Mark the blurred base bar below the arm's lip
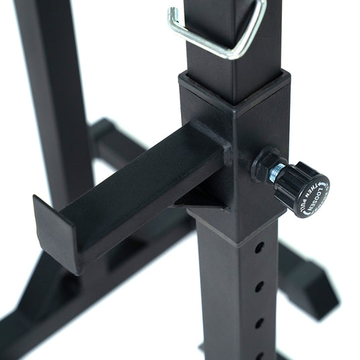pos(40,296)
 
